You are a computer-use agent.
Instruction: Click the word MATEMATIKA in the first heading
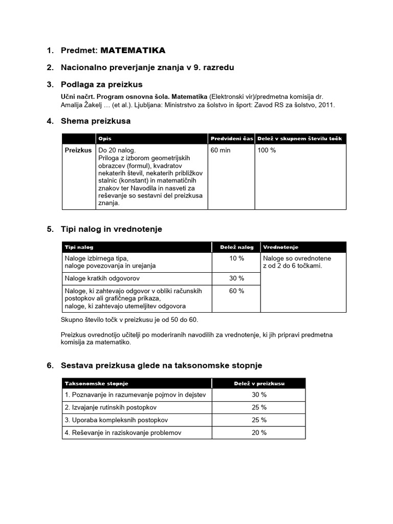(133, 50)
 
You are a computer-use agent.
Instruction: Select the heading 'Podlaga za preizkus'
(101, 84)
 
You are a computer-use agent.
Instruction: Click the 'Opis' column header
(104, 139)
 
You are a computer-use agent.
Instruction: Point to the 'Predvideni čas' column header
(231, 139)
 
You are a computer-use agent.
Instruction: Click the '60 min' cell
(220, 150)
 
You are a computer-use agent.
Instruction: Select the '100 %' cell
(267, 150)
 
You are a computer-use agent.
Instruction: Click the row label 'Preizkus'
(78, 150)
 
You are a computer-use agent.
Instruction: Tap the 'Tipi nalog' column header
(79, 247)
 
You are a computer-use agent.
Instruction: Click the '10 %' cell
(236, 258)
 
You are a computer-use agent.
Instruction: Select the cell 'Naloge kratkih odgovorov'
(102, 278)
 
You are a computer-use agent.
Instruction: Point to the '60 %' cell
(236, 291)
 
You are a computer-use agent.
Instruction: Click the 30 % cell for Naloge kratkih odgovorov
(236, 278)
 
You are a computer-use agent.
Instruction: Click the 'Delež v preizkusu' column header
(259, 383)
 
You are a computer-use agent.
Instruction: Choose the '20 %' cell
(259, 432)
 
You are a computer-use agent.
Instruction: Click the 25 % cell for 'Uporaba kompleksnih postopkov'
(259, 420)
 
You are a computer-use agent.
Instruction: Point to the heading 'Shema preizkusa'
(95, 121)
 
